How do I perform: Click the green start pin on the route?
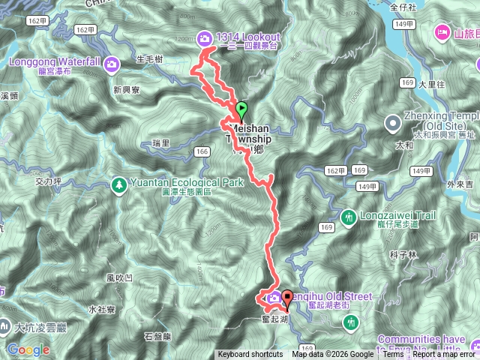click(x=241, y=110)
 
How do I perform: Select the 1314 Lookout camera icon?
click(x=205, y=37)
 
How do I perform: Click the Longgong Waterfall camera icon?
click(x=111, y=63)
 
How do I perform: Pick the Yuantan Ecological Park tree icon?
click(x=118, y=183)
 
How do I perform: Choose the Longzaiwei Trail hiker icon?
click(x=348, y=217)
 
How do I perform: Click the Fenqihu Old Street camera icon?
click(x=274, y=297)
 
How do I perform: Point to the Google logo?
click(x=28, y=349)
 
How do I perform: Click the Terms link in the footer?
click(x=393, y=355)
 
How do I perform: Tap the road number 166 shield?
click(x=200, y=151)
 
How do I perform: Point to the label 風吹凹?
click(x=120, y=277)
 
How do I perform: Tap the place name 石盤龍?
click(x=157, y=336)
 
